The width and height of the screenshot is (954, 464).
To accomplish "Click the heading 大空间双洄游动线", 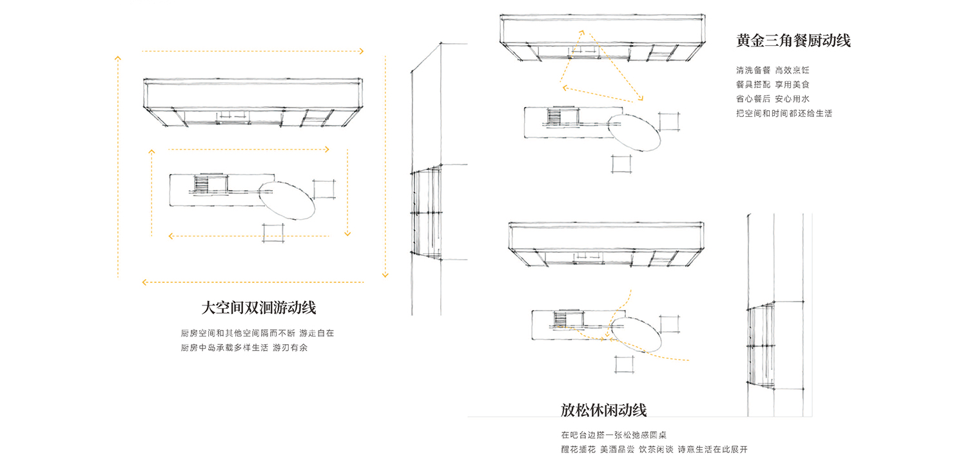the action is pos(258,308).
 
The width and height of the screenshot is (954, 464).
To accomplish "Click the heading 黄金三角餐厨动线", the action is pos(793,41).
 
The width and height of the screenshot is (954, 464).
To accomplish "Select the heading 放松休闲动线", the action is pos(603,411).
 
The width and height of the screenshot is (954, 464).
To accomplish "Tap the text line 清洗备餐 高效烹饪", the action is pos(773,70).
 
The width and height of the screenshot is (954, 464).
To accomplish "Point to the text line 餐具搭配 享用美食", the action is pos(773,84).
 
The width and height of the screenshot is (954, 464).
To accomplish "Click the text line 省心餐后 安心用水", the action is pos(773,99).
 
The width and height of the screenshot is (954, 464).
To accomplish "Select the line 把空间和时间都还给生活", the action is pos(784,113).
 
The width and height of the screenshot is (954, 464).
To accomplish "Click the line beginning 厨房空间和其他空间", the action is pos(257,333).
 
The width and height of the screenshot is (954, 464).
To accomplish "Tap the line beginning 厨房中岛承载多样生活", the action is pos(244,348).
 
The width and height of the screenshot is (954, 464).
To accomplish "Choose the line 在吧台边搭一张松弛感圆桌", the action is pos(614,435).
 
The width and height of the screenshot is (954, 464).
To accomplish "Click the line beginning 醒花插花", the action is pos(654,450).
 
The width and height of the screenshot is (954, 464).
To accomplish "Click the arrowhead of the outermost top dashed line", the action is pos(361,51).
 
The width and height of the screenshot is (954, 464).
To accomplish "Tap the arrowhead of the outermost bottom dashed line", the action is pos(144,282).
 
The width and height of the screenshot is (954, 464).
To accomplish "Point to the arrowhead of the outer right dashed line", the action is pos(385,275).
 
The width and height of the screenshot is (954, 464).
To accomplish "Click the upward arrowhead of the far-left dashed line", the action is pos(118,58).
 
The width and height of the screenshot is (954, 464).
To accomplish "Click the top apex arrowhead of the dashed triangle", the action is pos(582,32).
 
